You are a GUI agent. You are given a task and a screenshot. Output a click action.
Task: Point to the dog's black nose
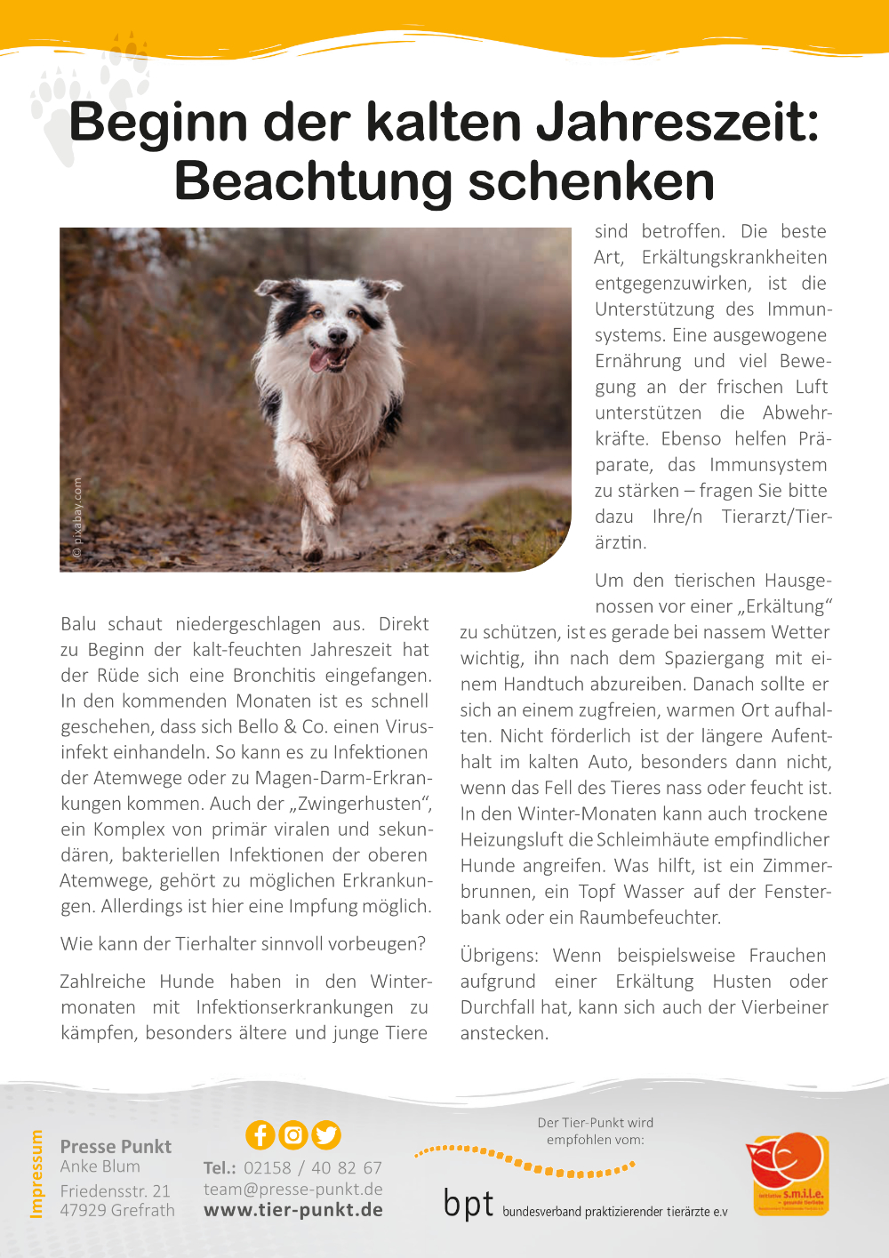(337, 337)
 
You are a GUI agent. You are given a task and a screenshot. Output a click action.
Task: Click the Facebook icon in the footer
(260, 1135)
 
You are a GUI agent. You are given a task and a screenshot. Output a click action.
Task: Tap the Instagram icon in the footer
(293, 1135)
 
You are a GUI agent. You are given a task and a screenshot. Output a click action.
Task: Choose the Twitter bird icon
(326, 1135)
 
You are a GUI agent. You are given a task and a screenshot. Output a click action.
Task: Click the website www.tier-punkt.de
(293, 1210)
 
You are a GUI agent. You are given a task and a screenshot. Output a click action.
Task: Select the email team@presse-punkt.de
(293, 1189)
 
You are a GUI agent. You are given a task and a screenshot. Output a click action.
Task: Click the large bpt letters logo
(469, 1205)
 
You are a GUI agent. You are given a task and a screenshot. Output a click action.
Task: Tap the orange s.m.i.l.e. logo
(787, 1174)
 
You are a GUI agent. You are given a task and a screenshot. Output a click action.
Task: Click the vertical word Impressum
(36, 1174)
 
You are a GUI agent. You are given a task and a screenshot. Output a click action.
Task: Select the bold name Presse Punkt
(116, 1147)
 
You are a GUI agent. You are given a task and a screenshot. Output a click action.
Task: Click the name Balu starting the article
(78, 624)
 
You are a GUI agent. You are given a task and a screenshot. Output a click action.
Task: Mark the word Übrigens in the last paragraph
(499, 956)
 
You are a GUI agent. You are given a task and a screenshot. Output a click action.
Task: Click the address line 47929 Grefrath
(117, 1210)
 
